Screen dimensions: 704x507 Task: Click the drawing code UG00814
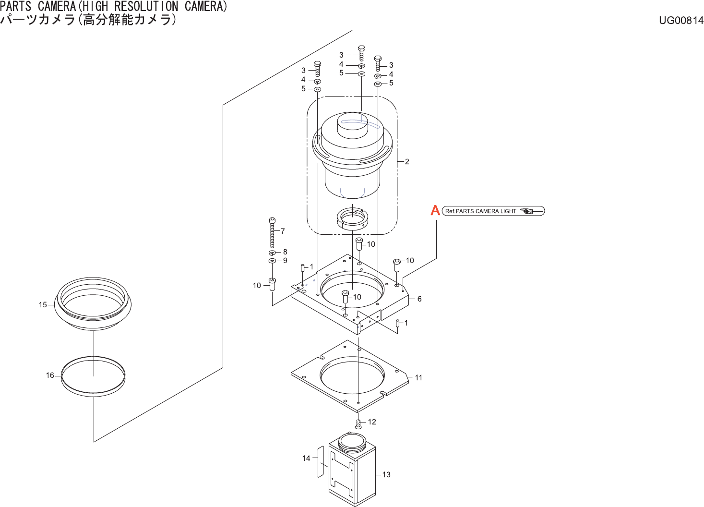(x=681, y=20)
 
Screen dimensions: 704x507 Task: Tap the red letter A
(x=435, y=210)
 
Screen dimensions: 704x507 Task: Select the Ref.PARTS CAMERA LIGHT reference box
(x=493, y=211)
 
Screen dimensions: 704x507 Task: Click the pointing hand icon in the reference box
(x=527, y=211)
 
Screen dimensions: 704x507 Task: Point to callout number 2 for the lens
(x=407, y=162)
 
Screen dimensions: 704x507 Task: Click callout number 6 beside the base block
(x=419, y=299)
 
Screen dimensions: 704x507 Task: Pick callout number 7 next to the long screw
(x=283, y=231)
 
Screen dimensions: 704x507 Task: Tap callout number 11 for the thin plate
(x=418, y=378)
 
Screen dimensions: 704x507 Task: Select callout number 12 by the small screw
(x=372, y=422)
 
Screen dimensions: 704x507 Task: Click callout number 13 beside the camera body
(x=386, y=475)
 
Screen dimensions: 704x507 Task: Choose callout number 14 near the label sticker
(x=306, y=459)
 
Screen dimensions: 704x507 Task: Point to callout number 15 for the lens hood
(x=43, y=305)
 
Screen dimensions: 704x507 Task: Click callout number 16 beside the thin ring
(x=50, y=375)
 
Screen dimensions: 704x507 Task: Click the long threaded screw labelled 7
(x=273, y=233)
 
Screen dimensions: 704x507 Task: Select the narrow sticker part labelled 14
(x=321, y=461)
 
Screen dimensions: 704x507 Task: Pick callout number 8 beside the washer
(x=285, y=252)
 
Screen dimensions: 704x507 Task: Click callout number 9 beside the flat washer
(x=285, y=261)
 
